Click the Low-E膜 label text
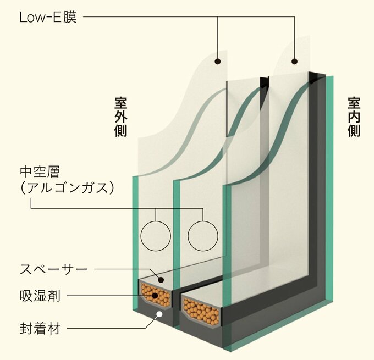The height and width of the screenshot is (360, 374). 47,18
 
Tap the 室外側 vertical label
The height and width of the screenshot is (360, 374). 121,117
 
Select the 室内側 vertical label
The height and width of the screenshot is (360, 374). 354,117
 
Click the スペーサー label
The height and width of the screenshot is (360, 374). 53,269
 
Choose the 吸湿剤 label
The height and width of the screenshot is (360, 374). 39,297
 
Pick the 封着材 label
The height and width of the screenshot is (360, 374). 39,330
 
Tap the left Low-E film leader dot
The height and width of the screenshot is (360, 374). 218,60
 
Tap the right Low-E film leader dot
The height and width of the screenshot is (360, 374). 295,60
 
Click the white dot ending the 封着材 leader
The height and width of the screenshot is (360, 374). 159,314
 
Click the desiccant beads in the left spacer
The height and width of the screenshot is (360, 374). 155,297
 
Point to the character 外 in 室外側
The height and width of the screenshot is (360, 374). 121,117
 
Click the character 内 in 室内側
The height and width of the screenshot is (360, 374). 354,117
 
